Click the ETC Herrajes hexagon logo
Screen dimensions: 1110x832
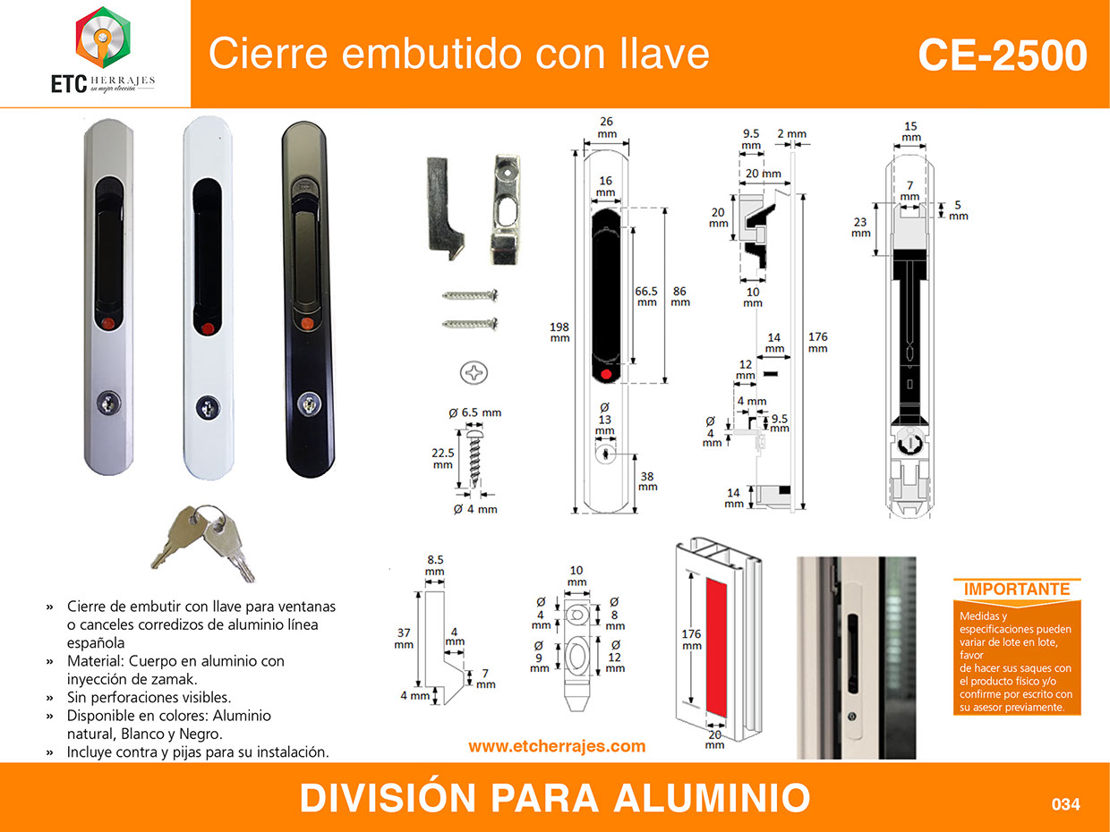[103, 38]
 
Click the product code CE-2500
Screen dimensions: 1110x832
[1003, 55]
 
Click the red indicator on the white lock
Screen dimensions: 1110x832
[208, 329]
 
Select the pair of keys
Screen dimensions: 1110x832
[203, 543]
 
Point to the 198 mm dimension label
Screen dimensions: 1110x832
[559, 333]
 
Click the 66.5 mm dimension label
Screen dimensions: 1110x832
[646, 296]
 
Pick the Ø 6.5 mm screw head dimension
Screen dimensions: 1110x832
[474, 412]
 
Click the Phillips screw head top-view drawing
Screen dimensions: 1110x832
[474, 373]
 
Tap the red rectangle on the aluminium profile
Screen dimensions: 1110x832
[716, 648]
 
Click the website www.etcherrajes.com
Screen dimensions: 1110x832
[557, 747]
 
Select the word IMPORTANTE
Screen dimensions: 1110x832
[1016, 589]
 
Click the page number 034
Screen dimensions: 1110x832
[1066, 804]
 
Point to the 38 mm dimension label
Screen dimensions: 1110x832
[648, 481]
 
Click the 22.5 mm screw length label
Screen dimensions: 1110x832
[442, 459]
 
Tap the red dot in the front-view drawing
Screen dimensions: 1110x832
[606, 374]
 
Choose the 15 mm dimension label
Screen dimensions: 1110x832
[910, 132]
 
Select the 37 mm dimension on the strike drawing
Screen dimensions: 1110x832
[404, 639]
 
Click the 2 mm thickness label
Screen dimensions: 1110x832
[792, 134]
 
